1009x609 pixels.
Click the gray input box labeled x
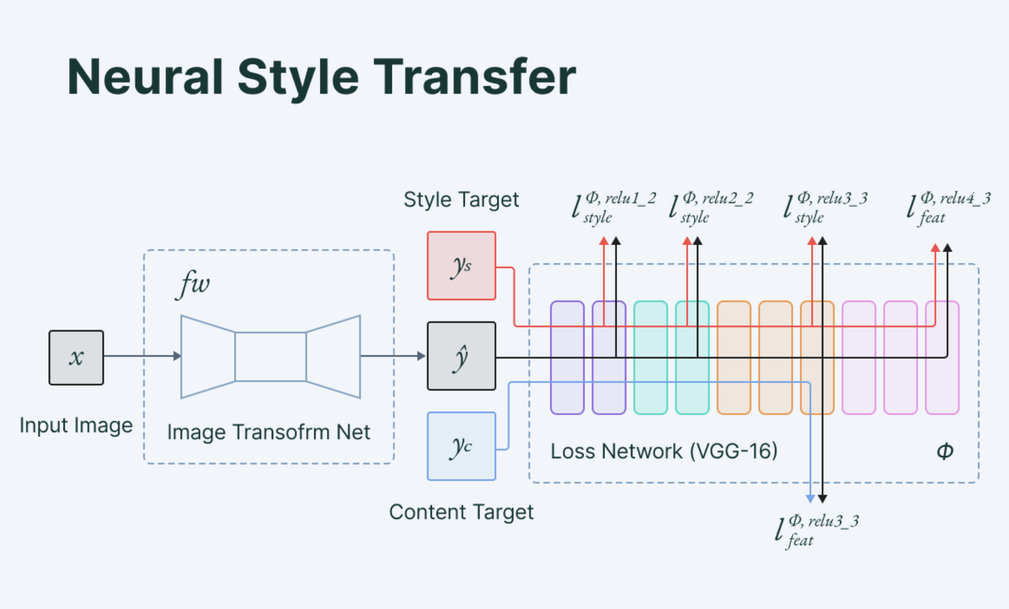point(76,358)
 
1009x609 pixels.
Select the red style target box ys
point(461,266)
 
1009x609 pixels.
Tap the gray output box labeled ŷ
point(461,356)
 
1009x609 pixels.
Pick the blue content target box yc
point(461,446)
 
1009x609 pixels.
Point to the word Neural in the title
point(145,77)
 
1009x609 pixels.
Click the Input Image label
point(76,425)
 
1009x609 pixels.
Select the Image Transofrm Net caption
point(268,432)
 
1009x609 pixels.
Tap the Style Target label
point(461,200)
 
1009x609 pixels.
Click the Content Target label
point(461,512)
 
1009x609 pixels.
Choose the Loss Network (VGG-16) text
point(664,451)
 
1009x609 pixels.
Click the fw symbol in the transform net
point(193,284)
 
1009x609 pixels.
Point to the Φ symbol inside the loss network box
point(945,451)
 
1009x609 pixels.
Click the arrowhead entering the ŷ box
point(421,356)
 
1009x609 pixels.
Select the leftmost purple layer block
point(567,358)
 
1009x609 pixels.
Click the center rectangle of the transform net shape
point(271,357)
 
